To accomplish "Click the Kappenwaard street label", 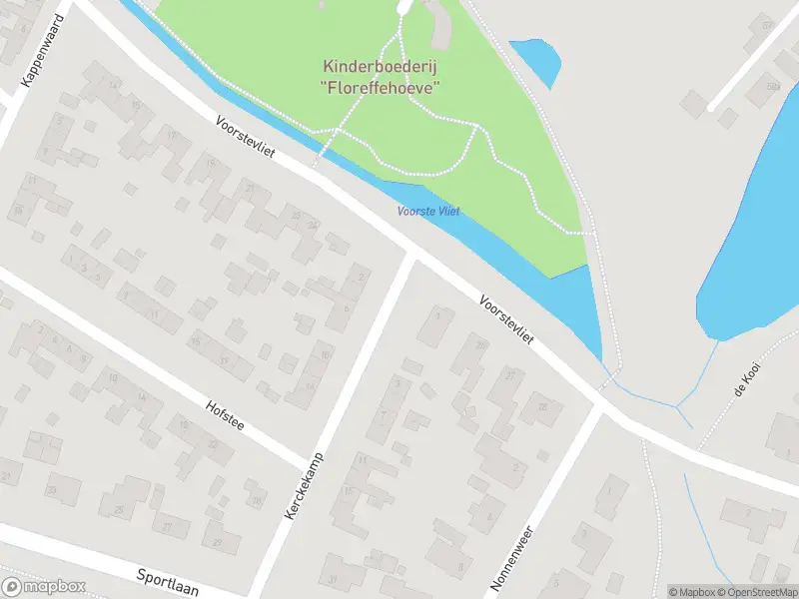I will tap(43, 50).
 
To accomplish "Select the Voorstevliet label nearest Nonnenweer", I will tap(506, 320).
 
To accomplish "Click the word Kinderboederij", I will tap(383, 67).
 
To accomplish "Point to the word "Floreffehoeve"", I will tap(383, 87).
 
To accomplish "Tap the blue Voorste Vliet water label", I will tap(428, 211).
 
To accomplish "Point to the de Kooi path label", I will tap(746, 380).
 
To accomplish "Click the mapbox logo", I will tap(44, 587).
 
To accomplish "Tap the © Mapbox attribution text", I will tap(692, 592).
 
